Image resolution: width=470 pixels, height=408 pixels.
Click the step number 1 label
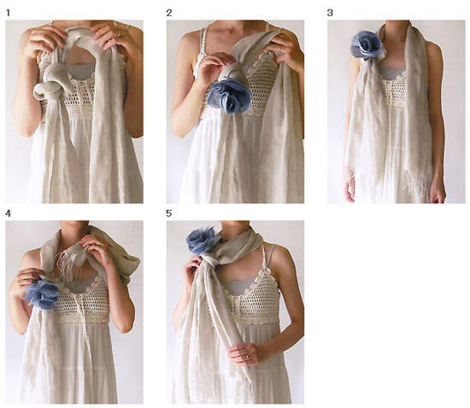pos(8,13)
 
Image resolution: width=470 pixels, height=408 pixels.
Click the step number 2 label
pos(169,13)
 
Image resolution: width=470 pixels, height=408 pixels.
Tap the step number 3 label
pos(330,13)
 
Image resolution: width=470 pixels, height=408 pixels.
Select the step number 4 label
pos(8,213)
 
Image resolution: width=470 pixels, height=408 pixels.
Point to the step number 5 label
pos(169,213)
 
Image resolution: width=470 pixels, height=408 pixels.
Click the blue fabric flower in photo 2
pos(229,96)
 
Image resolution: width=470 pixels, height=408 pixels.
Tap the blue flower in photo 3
pos(367,44)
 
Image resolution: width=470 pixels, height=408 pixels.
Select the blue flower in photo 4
pos(42,294)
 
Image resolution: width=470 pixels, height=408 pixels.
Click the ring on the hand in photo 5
pos(245,358)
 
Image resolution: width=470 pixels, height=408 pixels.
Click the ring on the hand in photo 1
pos(120,36)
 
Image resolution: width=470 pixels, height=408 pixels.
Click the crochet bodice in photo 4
pos(82,302)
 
